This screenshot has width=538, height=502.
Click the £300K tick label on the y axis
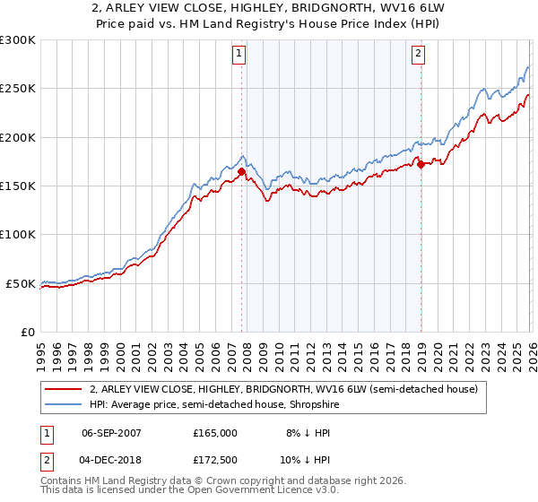[18, 40]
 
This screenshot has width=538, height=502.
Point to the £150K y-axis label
[18, 186]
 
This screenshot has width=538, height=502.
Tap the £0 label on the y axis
[28, 332]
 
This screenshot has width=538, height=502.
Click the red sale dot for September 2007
[241, 171]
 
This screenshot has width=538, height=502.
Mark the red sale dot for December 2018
[420, 164]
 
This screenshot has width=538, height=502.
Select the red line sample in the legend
[64, 389]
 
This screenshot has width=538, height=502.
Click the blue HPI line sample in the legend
[64, 404]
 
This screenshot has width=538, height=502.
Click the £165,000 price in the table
[215, 432]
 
